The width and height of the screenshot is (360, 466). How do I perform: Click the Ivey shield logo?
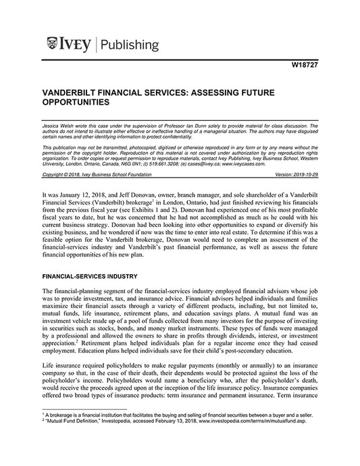click(53, 45)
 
